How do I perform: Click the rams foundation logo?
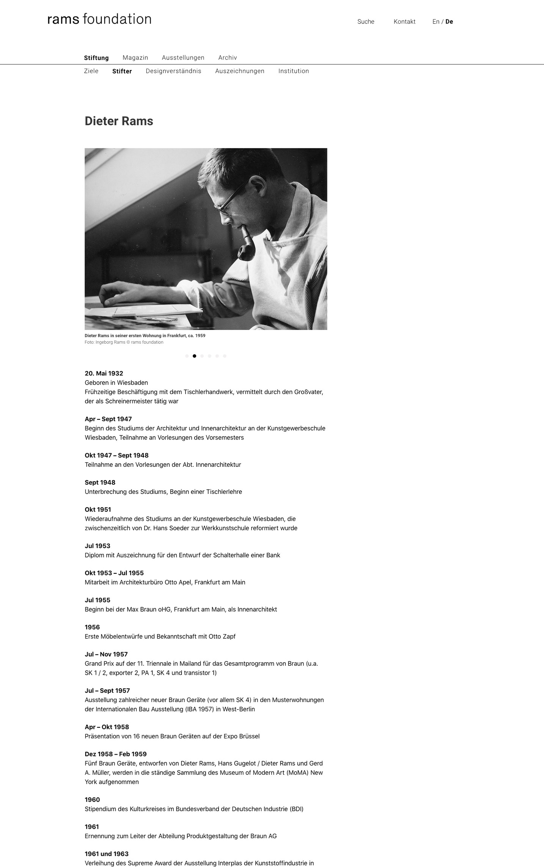(99, 19)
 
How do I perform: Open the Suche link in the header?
(366, 22)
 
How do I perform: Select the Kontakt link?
(404, 22)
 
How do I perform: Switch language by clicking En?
(436, 22)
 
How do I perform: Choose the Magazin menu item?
(135, 58)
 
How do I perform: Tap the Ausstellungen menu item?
(183, 58)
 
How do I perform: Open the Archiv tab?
(228, 58)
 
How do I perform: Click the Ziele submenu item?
(91, 71)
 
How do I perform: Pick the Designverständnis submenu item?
(173, 71)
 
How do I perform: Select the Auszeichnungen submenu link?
(240, 71)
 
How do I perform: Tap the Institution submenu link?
(294, 71)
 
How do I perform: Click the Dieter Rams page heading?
(119, 121)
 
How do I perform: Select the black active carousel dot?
(194, 356)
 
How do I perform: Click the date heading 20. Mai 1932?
(104, 374)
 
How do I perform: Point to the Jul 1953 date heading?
(97, 546)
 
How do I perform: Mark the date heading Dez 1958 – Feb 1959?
(116, 754)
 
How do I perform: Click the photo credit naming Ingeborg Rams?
(124, 342)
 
